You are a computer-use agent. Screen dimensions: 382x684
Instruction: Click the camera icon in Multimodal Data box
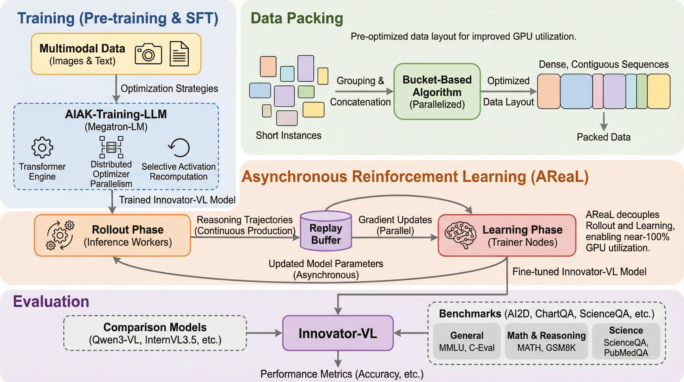coord(148,54)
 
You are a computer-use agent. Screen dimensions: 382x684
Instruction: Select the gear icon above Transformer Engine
coord(42,147)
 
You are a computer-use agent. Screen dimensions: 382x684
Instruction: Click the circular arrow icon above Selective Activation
coord(179,147)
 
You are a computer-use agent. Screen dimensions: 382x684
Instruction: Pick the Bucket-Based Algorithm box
coord(437,91)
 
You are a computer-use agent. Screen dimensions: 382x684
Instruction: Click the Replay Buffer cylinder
coord(326,231)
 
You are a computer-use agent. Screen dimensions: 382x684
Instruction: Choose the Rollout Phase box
coord(112,235)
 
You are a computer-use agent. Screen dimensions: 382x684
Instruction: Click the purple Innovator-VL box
coord(338,333)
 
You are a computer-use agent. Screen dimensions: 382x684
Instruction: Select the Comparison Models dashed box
coord(155,333)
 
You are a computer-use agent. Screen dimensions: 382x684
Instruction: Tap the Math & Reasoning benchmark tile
coord(546,341)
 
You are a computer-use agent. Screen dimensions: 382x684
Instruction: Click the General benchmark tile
coord(467,341)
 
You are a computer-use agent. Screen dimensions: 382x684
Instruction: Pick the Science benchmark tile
coord(626,341)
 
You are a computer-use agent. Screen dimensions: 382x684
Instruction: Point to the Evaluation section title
coord(51,301)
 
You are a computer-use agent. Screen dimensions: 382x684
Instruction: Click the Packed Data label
coord(603,137)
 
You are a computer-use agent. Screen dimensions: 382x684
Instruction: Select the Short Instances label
coord(288,136)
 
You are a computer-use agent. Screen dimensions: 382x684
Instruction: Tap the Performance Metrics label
coord(342,374)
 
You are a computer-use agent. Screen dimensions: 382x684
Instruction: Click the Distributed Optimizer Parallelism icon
coord(111,147)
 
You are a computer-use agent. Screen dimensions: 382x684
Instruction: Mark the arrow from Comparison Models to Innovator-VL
coord(264,333)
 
